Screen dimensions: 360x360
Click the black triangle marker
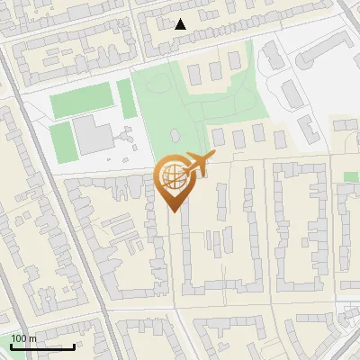[x=181, y=24]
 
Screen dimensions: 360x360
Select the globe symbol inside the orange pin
[x=171, y=176]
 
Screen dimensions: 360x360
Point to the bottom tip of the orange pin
[x=172, y=211]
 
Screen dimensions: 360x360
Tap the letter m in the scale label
[x=33, y=338]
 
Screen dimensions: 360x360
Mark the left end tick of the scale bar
[x=10, y=345]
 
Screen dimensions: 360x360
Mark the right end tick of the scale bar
[x=74, y=345]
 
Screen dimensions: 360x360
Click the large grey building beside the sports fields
[x=91, y=133]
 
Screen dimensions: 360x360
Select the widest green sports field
[x=82, y=100]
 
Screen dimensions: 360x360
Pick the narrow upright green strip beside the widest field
[x=126, y=98]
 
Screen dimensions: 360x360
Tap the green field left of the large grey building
[x=59, y=139]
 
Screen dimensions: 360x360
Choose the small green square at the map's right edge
[x=350, y=177]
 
